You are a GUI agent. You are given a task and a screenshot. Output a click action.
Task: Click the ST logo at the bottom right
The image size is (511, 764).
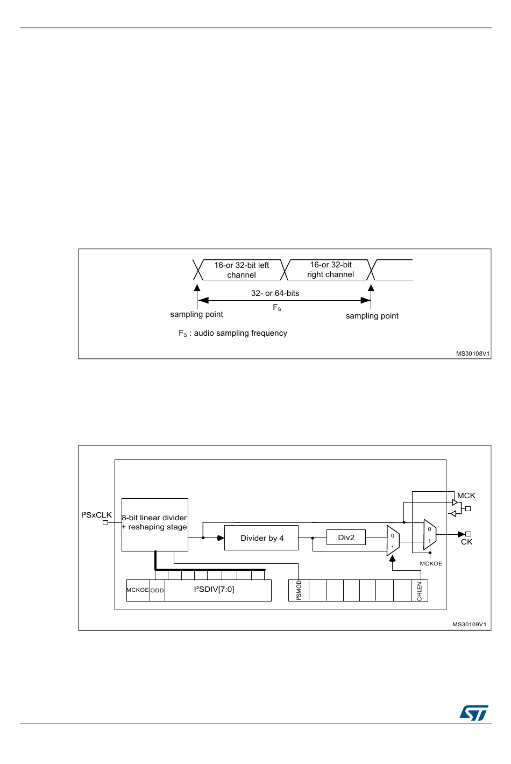point(474,713)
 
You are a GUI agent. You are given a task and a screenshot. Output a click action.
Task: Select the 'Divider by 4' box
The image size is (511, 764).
point(261,538)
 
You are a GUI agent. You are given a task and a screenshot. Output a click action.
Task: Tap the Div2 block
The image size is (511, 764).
point(346,537)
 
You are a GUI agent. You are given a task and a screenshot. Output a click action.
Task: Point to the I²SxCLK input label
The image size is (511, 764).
point(96,515)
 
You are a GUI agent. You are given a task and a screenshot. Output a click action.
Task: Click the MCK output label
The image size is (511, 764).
point(466,496)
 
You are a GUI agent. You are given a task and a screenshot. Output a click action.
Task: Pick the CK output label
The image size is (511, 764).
point(466,542)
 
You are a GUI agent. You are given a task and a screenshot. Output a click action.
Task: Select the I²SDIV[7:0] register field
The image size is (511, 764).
point(214,590)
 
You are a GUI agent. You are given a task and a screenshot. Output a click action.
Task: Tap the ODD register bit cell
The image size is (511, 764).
point(157,590)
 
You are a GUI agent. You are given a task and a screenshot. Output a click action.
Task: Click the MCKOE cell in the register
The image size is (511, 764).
point(138,590)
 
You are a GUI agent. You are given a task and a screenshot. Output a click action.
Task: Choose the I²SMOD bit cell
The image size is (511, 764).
point(299,590)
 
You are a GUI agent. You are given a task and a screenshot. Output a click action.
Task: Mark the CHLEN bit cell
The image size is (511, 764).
point(420,591)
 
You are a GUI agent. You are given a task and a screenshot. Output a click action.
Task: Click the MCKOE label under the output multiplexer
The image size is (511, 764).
point(431,563)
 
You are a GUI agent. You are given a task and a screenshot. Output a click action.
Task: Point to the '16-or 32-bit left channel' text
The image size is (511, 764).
point(242,270)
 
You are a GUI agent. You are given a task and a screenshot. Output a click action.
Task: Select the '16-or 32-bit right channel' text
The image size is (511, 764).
point(331,270)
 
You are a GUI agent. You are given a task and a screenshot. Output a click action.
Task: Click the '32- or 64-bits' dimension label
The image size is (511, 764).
point(275,293)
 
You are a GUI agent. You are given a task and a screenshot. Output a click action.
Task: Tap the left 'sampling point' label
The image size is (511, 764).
point(196,314)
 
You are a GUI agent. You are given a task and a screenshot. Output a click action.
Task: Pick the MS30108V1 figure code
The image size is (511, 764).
point(473,353)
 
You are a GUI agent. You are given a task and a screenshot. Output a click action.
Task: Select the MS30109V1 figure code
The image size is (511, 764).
point(469,624)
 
